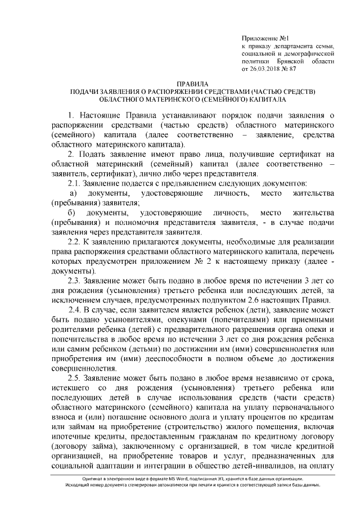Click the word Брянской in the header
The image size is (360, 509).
click(x=291, y=61)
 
